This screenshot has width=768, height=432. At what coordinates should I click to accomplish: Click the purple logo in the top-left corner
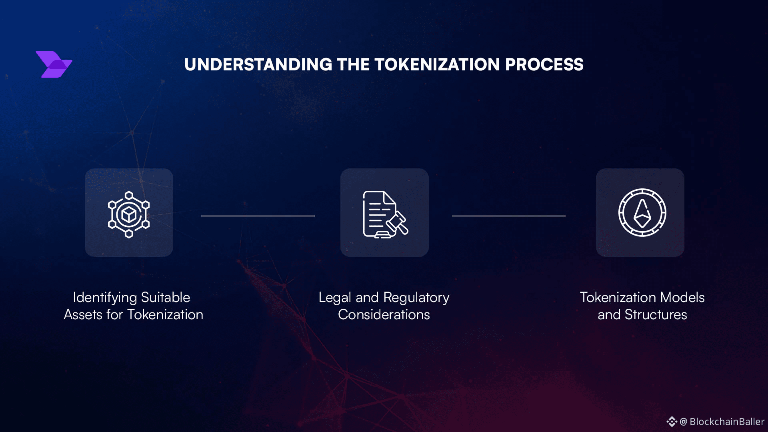(x=54, y=64)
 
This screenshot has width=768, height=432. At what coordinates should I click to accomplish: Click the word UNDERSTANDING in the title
(x=258, y=65)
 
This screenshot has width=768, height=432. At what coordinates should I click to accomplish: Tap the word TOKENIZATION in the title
(x=437, y=65)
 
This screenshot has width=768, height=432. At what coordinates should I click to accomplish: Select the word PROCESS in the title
(x=544, y=65)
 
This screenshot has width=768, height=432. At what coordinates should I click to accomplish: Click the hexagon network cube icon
(x=129, y=214)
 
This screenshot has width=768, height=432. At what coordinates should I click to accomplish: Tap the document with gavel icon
(x=385, y=214)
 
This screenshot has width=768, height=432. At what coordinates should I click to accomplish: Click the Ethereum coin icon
(x=642, y=212)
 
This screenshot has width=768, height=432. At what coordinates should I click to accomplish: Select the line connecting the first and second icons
(x=258, y=216)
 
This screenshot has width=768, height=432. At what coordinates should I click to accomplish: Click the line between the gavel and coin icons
(x=509, y=216)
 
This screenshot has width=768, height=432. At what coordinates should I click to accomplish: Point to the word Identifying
(x=105, y=298)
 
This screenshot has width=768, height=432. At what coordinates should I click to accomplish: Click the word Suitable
(x=166, y=297)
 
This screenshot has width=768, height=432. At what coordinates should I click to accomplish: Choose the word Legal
(x=335, y=298)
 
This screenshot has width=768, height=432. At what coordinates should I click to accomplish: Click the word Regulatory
(x=416, y=298)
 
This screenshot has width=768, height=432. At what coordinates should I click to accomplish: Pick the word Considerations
(x=384, y=315)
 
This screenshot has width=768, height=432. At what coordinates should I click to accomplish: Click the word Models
(x=682, y=297)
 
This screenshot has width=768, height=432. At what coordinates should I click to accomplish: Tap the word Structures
(x=656, y=315)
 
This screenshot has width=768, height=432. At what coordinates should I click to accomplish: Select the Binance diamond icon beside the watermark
(x=672, y=422)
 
